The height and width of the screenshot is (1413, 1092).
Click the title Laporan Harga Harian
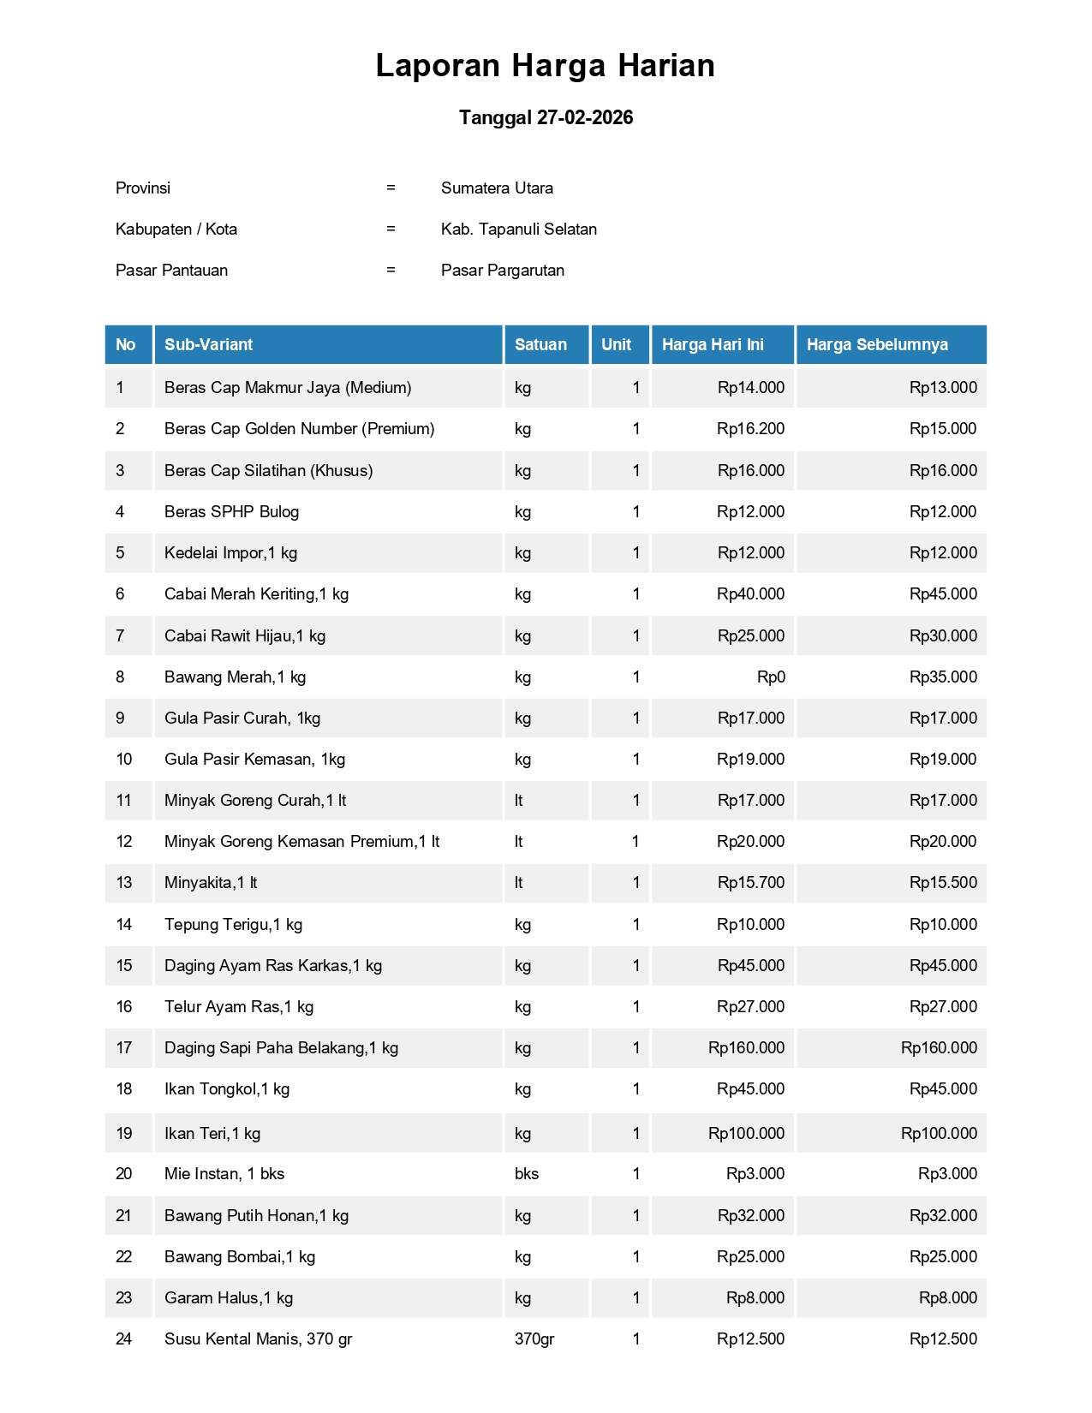click(545, 66)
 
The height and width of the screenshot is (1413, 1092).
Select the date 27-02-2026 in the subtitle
click(585, 118)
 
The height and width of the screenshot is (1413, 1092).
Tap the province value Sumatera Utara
click(497, 188)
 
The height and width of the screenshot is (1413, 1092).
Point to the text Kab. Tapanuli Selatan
click(518, 230)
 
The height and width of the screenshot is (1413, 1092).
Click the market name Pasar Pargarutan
click(502, 271)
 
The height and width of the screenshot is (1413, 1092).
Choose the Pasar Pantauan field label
click(171, 271)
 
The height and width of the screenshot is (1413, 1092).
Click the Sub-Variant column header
click(208, 345)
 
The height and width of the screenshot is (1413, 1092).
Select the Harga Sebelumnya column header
click(877, 345)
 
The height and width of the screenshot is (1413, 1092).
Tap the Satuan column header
click(540, 345)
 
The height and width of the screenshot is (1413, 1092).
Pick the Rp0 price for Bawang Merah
click(771, 677)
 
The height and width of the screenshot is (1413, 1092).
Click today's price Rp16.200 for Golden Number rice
click(750, 429)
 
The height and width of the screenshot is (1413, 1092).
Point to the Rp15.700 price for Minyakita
click(750, 883)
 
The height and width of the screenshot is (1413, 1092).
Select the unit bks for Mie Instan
click(527, 1174)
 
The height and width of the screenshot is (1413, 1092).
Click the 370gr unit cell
click(534, 1339)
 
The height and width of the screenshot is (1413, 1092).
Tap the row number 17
click(124, 1048)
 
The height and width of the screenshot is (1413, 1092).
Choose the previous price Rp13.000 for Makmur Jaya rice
click(943, 388)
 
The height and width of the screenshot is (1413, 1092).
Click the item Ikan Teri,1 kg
click(212, 1134)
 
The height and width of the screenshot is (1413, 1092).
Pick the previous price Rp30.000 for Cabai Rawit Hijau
click(943, 636)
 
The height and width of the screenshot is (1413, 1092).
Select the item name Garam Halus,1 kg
click(229, 1298)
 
